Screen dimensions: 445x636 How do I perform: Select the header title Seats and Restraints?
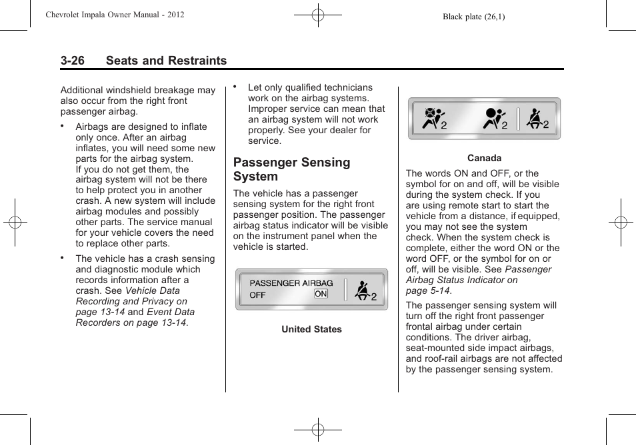point(165,61)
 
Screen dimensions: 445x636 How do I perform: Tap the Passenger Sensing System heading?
point(291,169)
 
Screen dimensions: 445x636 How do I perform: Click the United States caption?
point(311,329)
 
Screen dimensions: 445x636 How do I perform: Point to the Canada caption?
point(484,158)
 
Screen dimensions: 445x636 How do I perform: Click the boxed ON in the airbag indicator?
point(321,294)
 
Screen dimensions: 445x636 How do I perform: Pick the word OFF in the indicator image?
point(258,294)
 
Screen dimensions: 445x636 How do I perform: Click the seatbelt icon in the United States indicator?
point(363,291)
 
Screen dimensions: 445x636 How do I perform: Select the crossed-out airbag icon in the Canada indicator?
point(434,119)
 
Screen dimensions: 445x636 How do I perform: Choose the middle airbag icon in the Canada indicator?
point(494,119)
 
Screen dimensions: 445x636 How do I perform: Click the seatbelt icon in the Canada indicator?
point(535,119)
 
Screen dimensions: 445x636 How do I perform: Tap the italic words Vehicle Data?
point(152,290)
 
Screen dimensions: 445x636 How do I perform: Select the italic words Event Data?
point(171,312)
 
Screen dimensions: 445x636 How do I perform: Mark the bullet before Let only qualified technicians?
point(235,87)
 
